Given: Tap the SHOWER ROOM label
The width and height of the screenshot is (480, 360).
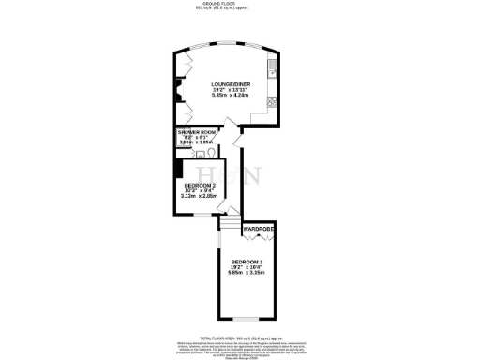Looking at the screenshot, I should (197, 133).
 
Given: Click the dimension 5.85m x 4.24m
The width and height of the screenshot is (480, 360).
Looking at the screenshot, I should (229, 95).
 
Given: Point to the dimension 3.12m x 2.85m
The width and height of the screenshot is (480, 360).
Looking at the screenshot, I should (201, 198).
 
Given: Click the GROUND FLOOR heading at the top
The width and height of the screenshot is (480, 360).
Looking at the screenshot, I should (240, 4).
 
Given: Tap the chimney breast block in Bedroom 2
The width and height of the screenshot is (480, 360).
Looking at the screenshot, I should (178, 168).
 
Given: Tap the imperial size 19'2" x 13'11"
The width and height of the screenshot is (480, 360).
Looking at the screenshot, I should (229, 89).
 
